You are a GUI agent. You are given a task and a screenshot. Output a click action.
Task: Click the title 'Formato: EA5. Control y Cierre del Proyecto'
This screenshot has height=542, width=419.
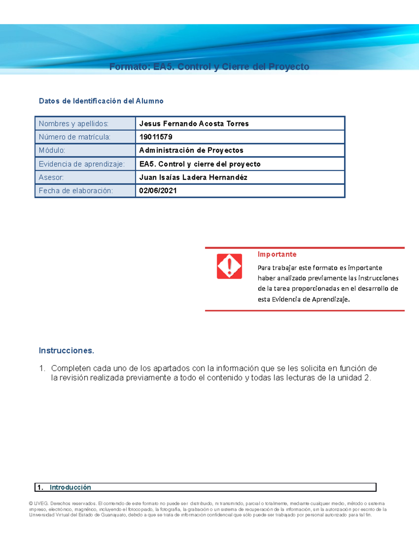click(209, 67)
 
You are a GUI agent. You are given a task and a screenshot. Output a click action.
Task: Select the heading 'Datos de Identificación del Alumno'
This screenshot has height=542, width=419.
click(101, 101)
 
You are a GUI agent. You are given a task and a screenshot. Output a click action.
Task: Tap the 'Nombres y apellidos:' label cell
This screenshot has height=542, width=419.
click(74, 124)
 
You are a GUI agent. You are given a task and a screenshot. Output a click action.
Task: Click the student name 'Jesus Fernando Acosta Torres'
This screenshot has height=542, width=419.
click(194, 124)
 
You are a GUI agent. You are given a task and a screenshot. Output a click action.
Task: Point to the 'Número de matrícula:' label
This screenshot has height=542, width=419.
click(74, 137)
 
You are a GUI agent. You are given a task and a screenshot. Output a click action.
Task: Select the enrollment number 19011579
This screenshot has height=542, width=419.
click(156, 137)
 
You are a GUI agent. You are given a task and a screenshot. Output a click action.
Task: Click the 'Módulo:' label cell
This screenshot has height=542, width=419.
click(52, 150)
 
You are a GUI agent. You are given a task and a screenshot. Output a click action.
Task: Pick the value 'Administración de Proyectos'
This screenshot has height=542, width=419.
click(191, 150)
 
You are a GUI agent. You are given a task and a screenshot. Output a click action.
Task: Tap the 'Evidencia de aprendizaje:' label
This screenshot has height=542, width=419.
click(82, 164)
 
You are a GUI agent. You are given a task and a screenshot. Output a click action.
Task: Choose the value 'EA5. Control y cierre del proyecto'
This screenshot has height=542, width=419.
click(200, 164)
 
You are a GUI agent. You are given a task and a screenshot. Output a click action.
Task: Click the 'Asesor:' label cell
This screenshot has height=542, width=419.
click(51, 177)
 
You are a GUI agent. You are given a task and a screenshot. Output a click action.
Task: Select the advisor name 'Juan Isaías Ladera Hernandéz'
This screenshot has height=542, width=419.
click(193, 177)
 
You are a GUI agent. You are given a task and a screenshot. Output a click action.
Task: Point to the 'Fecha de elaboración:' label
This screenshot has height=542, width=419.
click(76, 191)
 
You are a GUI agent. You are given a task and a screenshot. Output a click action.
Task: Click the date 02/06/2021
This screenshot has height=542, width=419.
click(158, 191)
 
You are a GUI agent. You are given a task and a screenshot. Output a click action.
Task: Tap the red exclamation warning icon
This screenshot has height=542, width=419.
click(229, 266)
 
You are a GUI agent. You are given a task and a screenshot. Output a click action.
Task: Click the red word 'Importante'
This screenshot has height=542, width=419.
click(277, 254)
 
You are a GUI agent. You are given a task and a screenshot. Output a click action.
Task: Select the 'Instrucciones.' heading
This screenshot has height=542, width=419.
click(66, 350)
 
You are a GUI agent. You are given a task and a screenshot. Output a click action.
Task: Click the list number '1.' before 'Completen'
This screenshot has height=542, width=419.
click(42, 368)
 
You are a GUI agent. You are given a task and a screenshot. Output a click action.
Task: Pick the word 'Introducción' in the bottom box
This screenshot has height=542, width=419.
click(70, 487)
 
